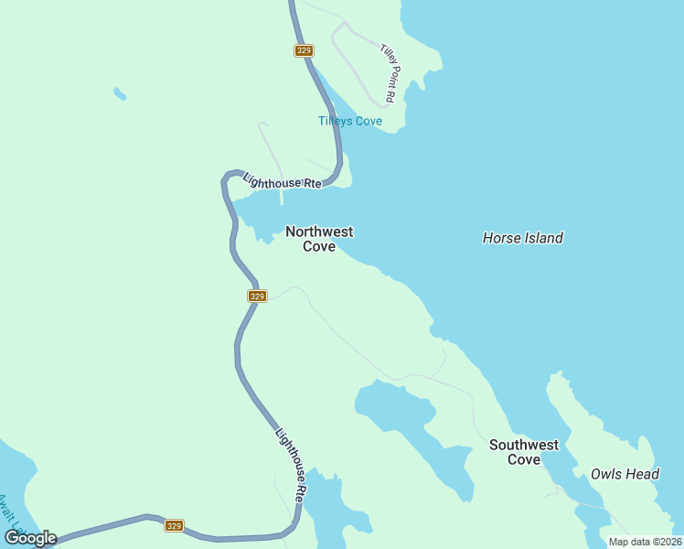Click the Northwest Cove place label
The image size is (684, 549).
click(319, 239)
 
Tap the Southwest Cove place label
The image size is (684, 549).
click(523, 452)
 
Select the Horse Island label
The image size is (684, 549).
click(522, 238)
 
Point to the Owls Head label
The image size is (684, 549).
click(625, 474)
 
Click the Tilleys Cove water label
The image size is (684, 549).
click(349, 121)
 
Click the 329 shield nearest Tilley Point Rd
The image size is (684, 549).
click(305, 50)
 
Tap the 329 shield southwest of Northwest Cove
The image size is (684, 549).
click(257, 296)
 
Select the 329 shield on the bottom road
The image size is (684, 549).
click(175, 525)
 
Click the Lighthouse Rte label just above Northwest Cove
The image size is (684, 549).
click(283, 178)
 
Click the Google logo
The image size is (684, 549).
click(30, 537)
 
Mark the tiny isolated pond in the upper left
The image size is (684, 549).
click(120, 93)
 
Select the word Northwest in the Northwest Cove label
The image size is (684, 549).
click(319, 232)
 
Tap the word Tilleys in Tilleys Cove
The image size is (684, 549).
click(335, 121)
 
